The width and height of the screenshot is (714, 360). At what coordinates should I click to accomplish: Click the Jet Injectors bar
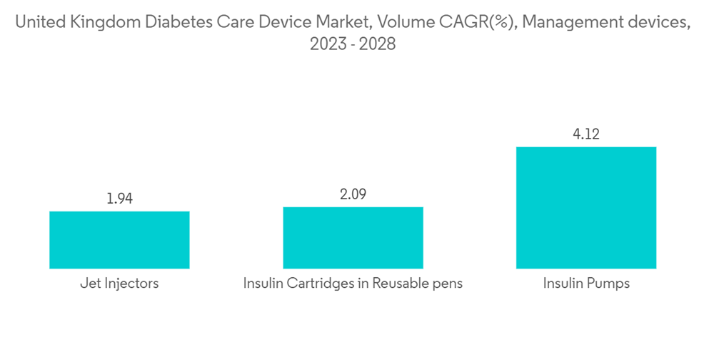119,240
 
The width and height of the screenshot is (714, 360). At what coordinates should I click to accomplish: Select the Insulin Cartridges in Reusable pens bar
353,238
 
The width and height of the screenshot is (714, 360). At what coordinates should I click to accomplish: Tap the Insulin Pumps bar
586,208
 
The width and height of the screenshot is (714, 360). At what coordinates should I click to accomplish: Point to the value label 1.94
119,199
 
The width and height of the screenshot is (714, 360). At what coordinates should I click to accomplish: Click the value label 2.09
353,195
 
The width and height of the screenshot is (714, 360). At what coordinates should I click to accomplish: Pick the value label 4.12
586,134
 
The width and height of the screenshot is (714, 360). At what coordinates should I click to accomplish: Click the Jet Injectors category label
119,284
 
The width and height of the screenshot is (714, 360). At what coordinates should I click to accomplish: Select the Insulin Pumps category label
586,284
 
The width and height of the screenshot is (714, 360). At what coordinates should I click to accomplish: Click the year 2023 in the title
326,44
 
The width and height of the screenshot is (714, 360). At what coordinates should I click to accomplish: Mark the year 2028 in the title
377,44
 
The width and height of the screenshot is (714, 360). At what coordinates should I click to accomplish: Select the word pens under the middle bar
446,284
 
